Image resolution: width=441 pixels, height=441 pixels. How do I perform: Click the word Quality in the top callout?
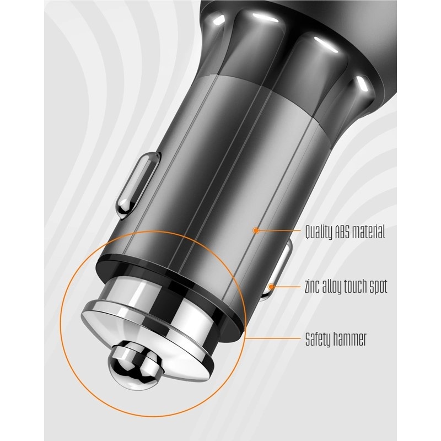click(319, 233)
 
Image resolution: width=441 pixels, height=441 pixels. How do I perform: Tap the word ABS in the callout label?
click(342, 231)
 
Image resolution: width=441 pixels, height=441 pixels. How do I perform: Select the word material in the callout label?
click(368, 232)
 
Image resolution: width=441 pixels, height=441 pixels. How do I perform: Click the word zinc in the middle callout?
click(312, 286)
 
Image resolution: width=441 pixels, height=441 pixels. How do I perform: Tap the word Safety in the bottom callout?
click(318, 340)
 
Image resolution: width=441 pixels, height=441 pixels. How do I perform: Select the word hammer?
click(349, 339)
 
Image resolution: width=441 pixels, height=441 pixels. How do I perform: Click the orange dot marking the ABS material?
click(256, 230)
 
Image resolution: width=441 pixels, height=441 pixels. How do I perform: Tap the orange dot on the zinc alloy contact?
click(271, 287)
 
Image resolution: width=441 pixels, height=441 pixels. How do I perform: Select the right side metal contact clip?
click(277, 270)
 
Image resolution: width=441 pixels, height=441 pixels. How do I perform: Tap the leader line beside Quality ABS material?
click(279, 230)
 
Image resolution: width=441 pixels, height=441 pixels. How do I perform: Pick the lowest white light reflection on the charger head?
click(364, 83)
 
